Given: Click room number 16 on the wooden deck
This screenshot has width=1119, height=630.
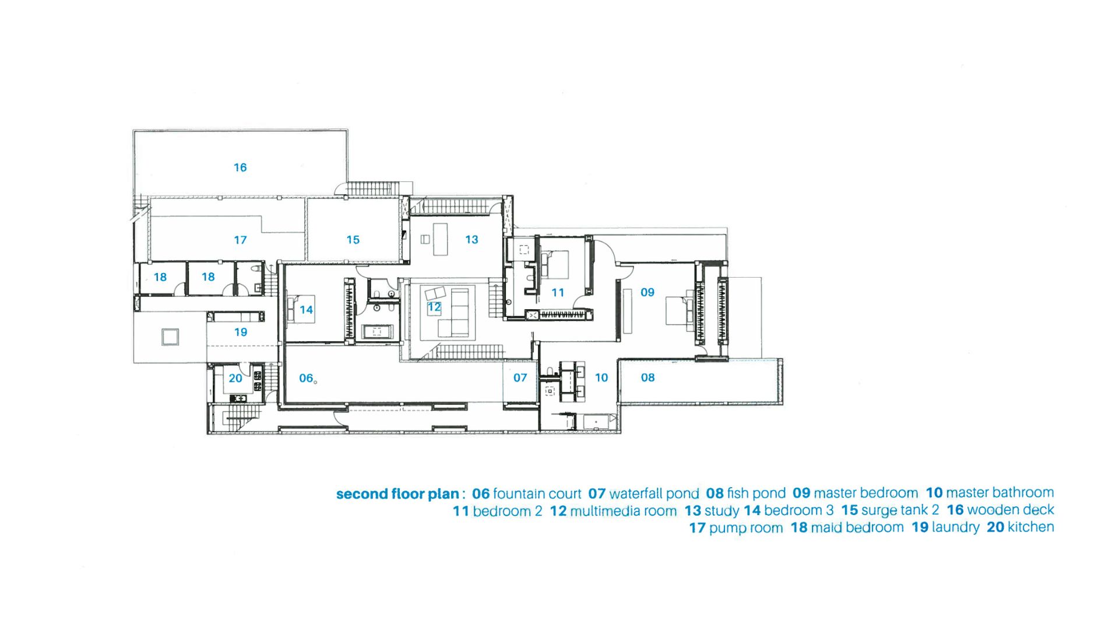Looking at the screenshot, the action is pos(240,168).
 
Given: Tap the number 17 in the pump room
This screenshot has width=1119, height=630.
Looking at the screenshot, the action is pos(240,240).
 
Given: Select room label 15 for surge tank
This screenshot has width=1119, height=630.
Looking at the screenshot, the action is pos(353,240).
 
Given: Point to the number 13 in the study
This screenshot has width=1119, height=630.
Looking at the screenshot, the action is pos(471,240).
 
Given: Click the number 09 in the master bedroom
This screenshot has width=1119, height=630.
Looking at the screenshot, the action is pos(648,292).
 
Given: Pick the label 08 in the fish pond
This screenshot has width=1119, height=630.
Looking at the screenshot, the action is pos(648,377).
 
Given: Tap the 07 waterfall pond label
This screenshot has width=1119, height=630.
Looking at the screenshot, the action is pos(520,378).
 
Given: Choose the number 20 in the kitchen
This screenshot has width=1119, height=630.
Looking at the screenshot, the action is pos(235,379).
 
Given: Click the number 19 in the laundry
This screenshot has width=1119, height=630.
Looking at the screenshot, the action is pos(241,332).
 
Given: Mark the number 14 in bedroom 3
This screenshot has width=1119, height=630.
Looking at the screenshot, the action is pos(307,310).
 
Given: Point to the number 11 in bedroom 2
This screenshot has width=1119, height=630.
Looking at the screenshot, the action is pos(558,293).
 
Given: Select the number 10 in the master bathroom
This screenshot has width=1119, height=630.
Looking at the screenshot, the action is pos(601,378).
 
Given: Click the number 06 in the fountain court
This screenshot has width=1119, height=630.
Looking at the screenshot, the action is pos(306,378).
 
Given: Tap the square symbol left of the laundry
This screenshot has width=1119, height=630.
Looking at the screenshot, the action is pos(170,337).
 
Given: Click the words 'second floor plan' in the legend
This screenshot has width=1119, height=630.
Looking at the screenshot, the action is pos(397,494).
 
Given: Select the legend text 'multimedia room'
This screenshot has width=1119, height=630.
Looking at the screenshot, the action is pos(623,511).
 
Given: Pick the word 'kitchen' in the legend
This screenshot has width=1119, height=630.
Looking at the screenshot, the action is pos(1031,527).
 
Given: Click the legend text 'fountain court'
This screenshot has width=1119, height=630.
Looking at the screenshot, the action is pos(537,494).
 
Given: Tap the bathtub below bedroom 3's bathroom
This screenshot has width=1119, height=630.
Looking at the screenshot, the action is pos(376,332).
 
